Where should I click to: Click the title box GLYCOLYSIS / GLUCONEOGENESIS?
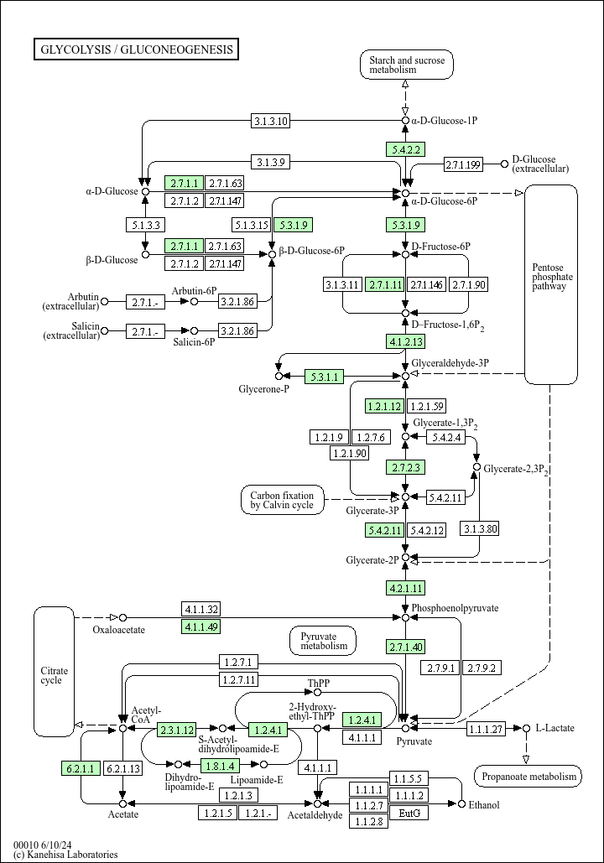[137, 49]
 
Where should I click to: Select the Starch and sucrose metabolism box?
[406, 65]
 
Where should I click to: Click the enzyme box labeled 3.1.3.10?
[271, 121]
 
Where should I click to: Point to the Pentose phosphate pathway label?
[551, 277]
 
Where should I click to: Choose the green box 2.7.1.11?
[386, 284]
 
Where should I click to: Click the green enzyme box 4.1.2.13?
[406, 341]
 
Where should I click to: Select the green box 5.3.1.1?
[325, 377]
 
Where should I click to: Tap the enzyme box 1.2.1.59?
[427, 406]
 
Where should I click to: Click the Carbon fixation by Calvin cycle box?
[282, 499]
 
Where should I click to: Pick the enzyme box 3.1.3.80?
[480, 528]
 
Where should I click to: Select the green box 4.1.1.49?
[201, 626]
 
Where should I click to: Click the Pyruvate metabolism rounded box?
[323, 641]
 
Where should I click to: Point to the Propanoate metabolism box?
[528, 777]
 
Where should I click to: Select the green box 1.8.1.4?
[221, 765]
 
